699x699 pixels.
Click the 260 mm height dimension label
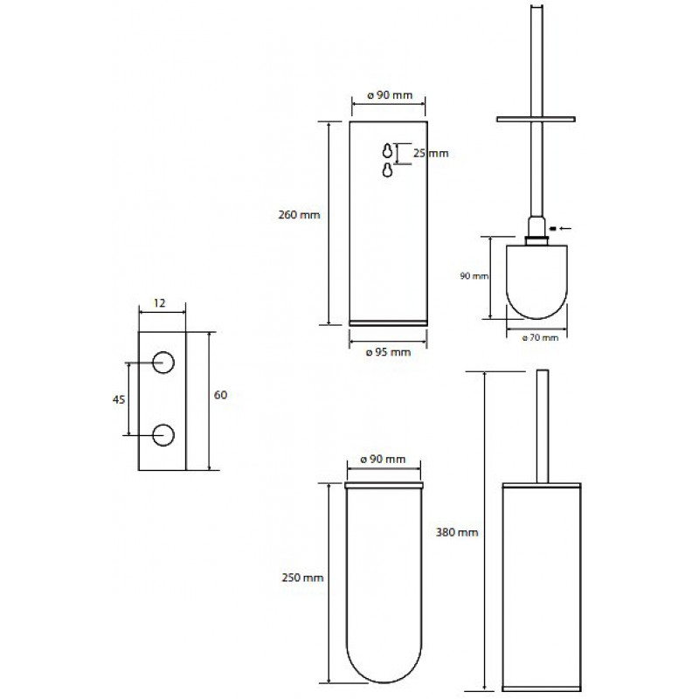[x=299, y=215]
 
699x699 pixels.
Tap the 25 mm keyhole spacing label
[x=431, y=154]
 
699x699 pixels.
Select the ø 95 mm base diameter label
[x=388, y=352]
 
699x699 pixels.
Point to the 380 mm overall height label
[x=457, y=532]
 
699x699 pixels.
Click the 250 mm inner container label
[x=302, y=578]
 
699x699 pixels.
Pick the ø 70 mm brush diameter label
[x=540, y=337]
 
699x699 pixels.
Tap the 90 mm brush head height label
[x=474, y=276]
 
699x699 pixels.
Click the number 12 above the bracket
[x=160, y=303]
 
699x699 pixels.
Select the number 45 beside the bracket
[x=119, y=400]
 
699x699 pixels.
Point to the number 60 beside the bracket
[x=221, y=395]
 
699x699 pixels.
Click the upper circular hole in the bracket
[x=163, y=363]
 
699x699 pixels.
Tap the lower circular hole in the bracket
[x=163, y=435]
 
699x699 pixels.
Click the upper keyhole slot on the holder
[x=387, y=150]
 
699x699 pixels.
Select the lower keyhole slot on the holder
[x=387, y=170]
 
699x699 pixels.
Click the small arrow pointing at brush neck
[x=561, y=228]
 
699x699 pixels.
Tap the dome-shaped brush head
[x=536, y=281]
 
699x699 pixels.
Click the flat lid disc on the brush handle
[x=536, y=119]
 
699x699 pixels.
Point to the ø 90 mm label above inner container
[x=383, y=460]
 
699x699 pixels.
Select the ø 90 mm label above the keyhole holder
[x=390, y=95]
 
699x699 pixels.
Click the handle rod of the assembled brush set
[x=543, y=426]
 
